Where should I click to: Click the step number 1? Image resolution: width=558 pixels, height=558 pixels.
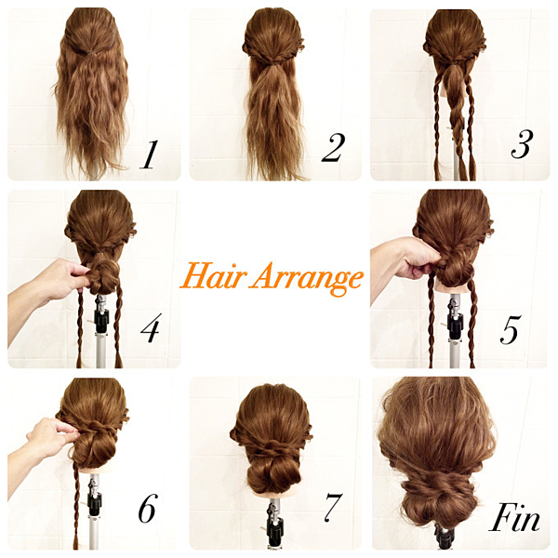click(149, 154)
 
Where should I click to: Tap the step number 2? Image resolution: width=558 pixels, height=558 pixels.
click(334, 148)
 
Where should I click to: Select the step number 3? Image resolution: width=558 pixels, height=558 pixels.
click(522, 144)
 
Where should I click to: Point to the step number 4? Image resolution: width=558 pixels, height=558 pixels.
click(151, 327)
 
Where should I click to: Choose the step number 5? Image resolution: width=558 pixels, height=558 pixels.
click(511, 329)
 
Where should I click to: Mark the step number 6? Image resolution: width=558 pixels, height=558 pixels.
click(148, 508)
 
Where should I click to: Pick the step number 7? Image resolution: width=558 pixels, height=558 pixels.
click(333, 507)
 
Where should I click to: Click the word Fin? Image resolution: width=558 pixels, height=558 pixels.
click(514, 517)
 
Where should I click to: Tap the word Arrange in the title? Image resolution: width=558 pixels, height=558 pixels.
click(307, 279)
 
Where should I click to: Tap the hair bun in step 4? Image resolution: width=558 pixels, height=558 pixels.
click(103, 277)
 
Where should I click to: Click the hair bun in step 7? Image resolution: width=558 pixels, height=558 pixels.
click(272, 474)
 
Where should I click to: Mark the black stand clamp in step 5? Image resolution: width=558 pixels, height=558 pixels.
click(455, 322)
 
